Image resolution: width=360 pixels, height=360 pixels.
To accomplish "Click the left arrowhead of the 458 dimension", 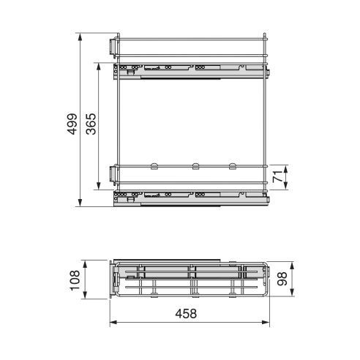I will coord(111,321).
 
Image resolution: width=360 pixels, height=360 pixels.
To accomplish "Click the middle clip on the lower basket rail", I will coord(195,165).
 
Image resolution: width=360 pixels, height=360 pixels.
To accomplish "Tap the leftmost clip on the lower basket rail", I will coord(154,165).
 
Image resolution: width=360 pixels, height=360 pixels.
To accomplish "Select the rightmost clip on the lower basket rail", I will coord(233,165).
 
